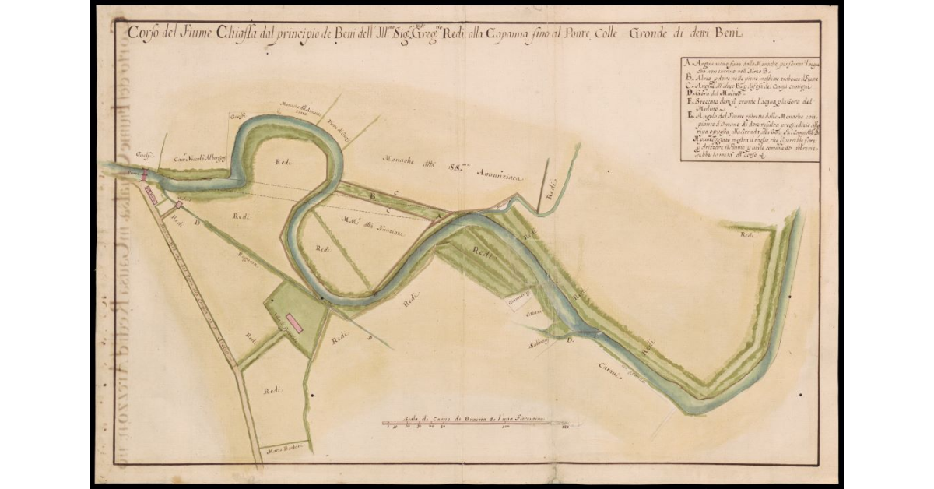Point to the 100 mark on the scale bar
506,427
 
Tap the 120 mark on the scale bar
566,427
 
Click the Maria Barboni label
284,448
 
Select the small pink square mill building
179,205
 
